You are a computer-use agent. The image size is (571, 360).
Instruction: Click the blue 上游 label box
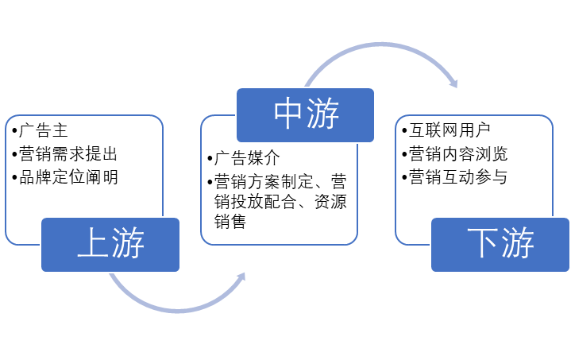pos(110,244)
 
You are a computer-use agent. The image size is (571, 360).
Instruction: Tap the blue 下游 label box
pos(500,244)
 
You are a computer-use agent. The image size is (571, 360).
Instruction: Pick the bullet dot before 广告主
pos(11,129)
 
